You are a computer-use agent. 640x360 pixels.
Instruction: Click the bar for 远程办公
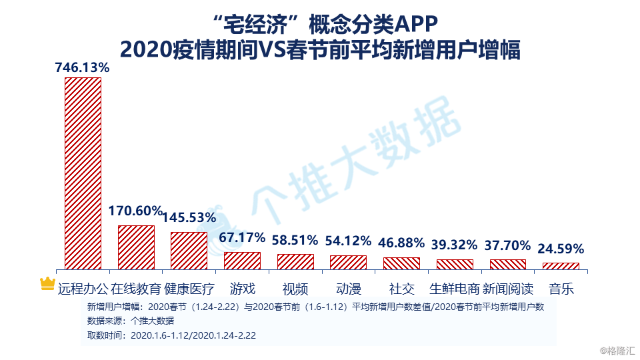tap(83, 173)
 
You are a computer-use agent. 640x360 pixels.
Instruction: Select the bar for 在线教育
tap(136, 247)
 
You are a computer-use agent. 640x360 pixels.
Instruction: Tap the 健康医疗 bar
tap(189, 251)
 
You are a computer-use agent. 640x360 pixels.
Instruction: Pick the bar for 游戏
tap(242, 261)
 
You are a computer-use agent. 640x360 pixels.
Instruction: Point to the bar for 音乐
tap(561, 266)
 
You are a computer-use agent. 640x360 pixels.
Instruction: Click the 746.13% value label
tap(83, 67)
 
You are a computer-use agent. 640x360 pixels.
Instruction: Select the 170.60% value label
tap(135, 211)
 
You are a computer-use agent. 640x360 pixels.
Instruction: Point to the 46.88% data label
tap(401, 243)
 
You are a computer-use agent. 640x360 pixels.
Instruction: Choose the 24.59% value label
tap(561, 249)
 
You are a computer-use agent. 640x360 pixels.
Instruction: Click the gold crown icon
tap(47, 284)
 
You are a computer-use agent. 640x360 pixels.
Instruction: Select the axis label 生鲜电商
tap(454, 289)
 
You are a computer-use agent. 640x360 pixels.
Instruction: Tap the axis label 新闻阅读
tap(507, 289)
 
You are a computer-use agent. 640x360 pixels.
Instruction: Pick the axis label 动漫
tap(348, 289)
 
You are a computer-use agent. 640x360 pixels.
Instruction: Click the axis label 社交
tap(401, 289)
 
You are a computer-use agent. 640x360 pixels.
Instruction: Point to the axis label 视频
tap(295, 289)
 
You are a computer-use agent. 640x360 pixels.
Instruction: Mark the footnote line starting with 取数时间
tap(172, 335)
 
